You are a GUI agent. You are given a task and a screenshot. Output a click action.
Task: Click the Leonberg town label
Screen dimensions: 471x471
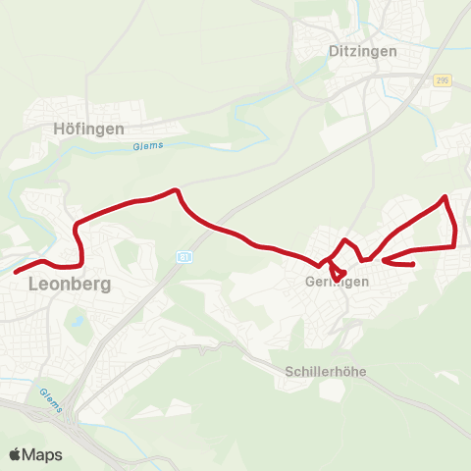(x=70, y=285)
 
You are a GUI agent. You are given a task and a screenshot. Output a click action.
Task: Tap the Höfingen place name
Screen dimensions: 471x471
(x=89, y=128)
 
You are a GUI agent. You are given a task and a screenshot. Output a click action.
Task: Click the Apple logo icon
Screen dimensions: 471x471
(x=15, y=454)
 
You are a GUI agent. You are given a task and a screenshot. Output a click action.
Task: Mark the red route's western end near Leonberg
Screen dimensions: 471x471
(x=16, y=271)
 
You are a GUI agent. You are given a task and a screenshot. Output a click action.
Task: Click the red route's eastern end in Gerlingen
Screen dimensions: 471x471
(x=413, y=264)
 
